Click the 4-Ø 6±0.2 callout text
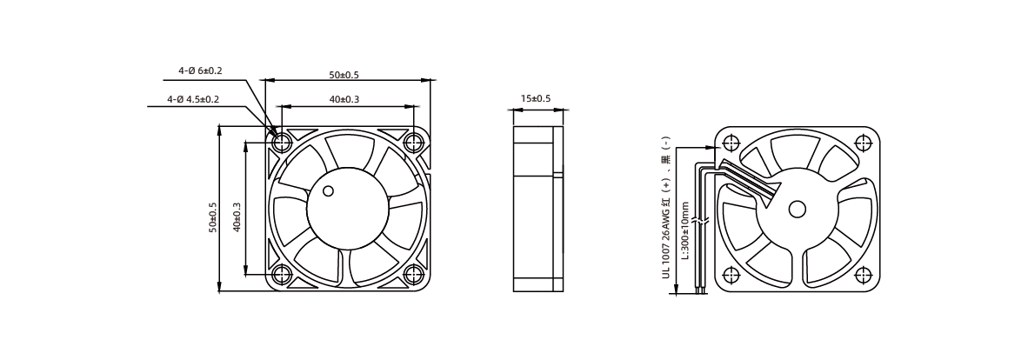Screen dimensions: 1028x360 click(x=200, y=70)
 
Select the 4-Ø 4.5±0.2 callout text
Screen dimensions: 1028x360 click(x=193, y=99)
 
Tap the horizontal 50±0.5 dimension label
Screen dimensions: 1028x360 click(x=344, y=75)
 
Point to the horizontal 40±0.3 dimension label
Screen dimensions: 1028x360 click(x=344, y=99)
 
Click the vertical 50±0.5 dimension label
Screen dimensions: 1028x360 click(x=212, y=217)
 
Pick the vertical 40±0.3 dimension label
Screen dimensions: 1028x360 click(x=237, y=217)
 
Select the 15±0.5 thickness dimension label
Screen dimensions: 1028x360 click(x=536, y=98)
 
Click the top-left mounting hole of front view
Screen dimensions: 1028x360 click(x=282, y=142)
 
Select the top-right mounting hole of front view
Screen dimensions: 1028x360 click(x=414, y=142)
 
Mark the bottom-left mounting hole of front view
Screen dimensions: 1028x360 click(x=282, y=274)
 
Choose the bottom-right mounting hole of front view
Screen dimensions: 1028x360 click(x=414, y=274)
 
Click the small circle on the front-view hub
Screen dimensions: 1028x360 click(x=328, y=190)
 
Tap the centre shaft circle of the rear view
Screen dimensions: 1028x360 click(x=798, y=209)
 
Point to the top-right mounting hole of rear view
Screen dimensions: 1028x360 click(x=864, y=143)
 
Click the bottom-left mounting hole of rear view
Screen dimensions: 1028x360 click(x=731, y=275)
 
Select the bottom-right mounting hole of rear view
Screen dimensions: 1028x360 click(x=864, y=275)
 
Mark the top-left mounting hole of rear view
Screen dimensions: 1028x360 click(x=731, y=143)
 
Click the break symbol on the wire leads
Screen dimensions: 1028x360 click(x=701, y=223)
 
